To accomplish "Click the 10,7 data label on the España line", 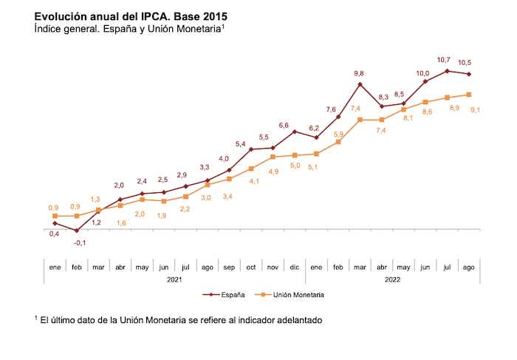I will point(444,59).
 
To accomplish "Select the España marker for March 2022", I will point(360,84).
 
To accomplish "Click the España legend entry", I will point(225,294).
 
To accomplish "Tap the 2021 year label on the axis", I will point(174,279).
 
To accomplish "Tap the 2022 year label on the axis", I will point(392,279).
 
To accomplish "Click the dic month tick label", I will point(294,266).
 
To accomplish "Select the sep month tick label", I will point(229,266).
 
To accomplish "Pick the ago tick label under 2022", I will point(468,266).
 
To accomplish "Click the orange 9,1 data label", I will point(475,110).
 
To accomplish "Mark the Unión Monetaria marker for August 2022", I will point(469,95).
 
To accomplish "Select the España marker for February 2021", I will point(76,231).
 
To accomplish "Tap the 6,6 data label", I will point(283,126).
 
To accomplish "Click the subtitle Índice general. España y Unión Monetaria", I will point(129,29).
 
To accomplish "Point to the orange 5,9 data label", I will point(338,134).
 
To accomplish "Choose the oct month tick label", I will point(251,266).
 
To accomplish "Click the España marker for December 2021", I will point(295,132).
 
